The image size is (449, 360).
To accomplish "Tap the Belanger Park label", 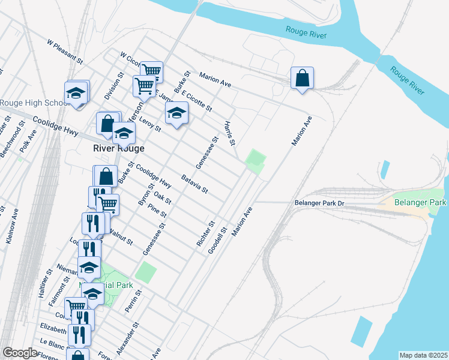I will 420,203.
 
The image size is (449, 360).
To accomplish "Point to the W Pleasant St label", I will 65,51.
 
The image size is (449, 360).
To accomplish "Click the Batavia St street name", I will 194,184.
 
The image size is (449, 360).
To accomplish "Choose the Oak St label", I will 163,197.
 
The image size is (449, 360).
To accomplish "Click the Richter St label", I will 205,235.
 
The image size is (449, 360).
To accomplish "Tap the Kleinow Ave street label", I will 12,226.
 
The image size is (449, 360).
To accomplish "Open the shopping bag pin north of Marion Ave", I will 302,79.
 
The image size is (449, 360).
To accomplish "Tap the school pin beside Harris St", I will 176,113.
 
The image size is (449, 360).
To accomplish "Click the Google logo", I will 20,353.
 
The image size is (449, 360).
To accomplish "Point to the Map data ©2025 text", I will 423,355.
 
